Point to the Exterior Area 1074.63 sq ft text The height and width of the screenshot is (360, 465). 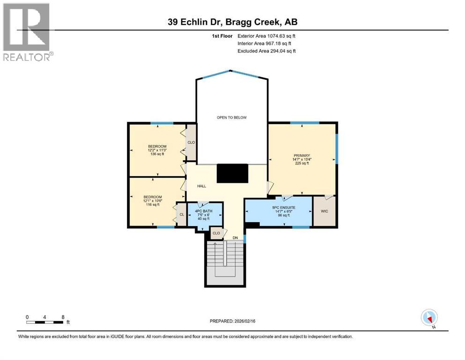pos(266,36)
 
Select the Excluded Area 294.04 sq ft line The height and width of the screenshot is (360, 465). pos(266,51)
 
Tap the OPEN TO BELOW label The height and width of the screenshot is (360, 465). pos(231,117)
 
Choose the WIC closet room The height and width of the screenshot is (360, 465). pos(325,211)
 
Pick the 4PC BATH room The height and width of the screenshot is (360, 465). pos(204,215)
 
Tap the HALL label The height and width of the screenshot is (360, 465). pos(201,186)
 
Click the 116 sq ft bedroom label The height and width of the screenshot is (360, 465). pos(153,201)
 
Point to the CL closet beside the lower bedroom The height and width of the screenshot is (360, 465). pos(181,215)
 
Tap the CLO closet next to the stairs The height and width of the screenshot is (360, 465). pos(216,233)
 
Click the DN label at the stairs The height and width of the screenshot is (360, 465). pos(236,238)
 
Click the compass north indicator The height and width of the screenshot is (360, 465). pos(429,318)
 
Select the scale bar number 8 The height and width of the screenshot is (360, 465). pos(63,317)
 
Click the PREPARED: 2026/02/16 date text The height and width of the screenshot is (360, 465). pos(232,321)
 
